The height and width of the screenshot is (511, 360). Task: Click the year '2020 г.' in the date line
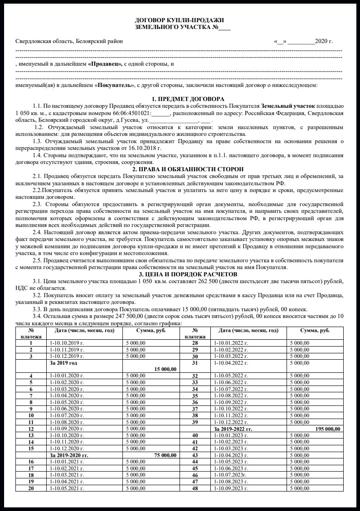(x=324, y=41)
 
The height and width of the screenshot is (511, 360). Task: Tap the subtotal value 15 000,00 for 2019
(x=165, y=369)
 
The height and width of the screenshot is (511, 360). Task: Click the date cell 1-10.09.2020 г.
(x=67, y=428)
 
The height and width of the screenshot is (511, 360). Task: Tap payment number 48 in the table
(x=195, y=488)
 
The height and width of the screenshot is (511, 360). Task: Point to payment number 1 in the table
(x=31, y=343)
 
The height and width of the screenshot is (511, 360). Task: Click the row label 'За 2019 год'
(x=63, y=363)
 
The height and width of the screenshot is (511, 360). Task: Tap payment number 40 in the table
(x=195, y=435)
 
